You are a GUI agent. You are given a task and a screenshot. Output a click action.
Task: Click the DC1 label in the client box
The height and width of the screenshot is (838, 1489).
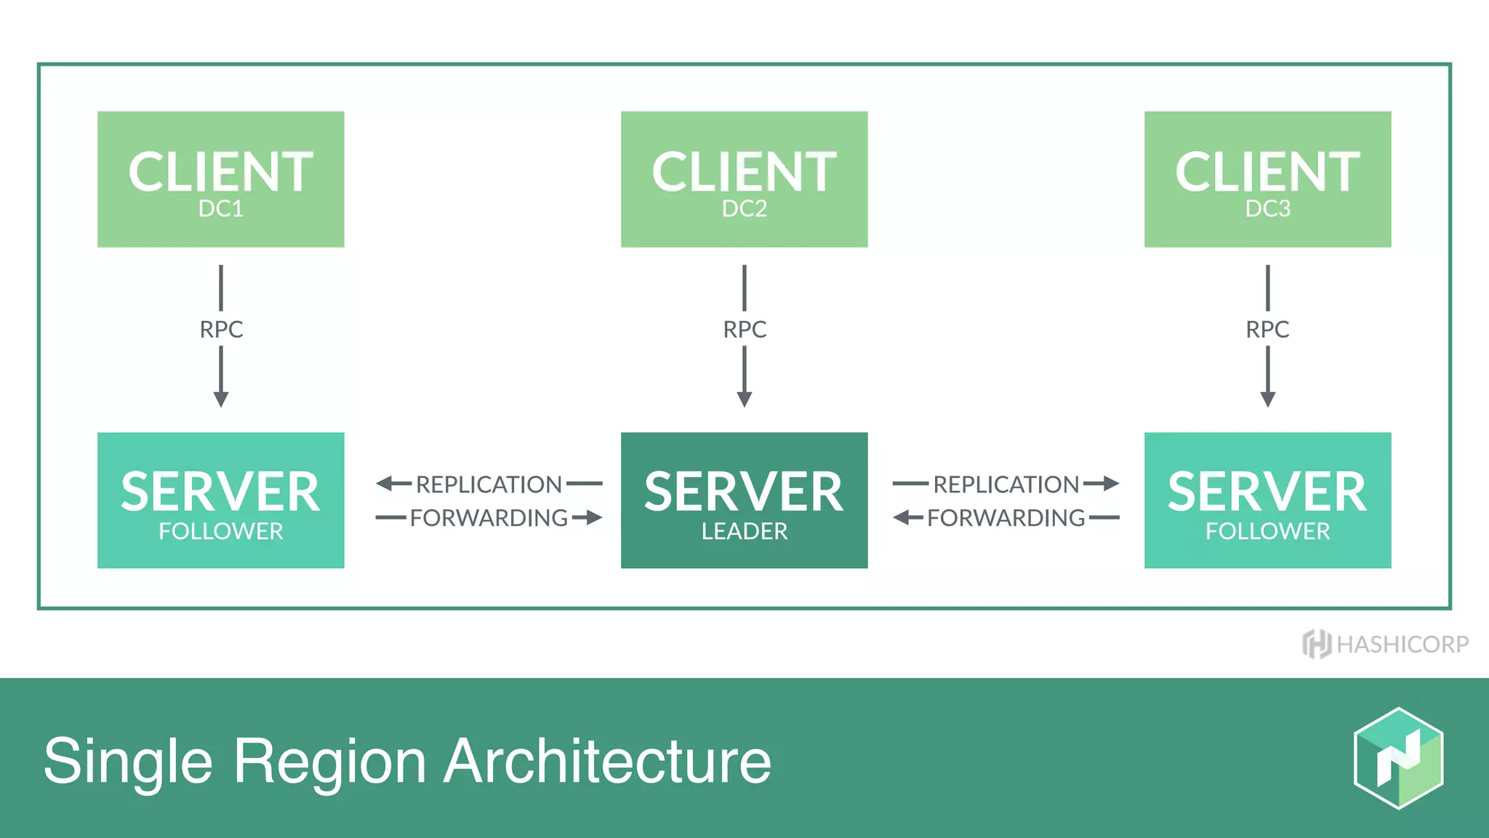(x=220, y=209)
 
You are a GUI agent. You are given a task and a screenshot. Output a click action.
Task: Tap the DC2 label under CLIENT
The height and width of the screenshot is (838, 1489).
(x=744, y=209)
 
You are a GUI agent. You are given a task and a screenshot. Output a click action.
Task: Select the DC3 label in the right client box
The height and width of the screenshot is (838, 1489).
(x=1267, y=209)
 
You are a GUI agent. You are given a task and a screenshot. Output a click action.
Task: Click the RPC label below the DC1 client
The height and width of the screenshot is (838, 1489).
(x=221, y=330)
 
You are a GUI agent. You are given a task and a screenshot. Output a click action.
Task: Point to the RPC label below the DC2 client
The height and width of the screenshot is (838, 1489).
(x=744, y=330)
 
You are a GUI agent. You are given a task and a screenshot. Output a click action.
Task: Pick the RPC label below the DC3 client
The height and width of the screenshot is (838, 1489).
(x=1267, y=330)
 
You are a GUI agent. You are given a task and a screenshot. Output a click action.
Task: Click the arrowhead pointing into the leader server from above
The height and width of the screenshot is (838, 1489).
(x=744, y=399)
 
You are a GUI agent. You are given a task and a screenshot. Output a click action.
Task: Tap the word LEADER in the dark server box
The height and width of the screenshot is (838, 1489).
(x=744, y=532)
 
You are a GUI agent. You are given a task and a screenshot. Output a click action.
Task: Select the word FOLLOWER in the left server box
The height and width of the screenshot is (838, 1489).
(x=220, y=532)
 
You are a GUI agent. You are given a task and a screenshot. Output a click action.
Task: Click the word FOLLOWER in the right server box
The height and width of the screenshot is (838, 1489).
(x=1267, y=532)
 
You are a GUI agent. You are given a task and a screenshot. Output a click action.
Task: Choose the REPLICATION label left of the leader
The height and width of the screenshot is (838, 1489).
(x=489, y=484)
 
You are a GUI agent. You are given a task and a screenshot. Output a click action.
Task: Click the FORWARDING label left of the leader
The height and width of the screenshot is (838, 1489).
(x=489, y=518)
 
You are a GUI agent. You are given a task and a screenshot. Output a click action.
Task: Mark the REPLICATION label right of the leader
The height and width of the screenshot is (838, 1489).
(x=1006, y=484)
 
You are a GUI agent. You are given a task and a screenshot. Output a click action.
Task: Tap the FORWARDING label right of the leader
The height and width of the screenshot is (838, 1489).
(x=1006, y=518)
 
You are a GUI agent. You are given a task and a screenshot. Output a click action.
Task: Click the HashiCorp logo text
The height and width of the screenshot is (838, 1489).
(x=1402, y=645)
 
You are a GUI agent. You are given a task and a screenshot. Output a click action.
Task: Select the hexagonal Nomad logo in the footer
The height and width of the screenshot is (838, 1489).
(x=1398, y=758)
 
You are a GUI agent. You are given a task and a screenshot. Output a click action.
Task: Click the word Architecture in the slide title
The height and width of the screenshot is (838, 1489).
(x=607, y=762)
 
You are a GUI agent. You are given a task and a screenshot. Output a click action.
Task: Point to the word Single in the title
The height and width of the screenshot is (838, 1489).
(x=128, y=762)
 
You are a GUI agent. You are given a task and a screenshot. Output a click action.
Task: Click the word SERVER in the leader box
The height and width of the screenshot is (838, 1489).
(x=744, y=492)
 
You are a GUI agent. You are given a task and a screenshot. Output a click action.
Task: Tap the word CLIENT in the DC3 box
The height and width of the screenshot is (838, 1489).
(x=1267, y=172)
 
